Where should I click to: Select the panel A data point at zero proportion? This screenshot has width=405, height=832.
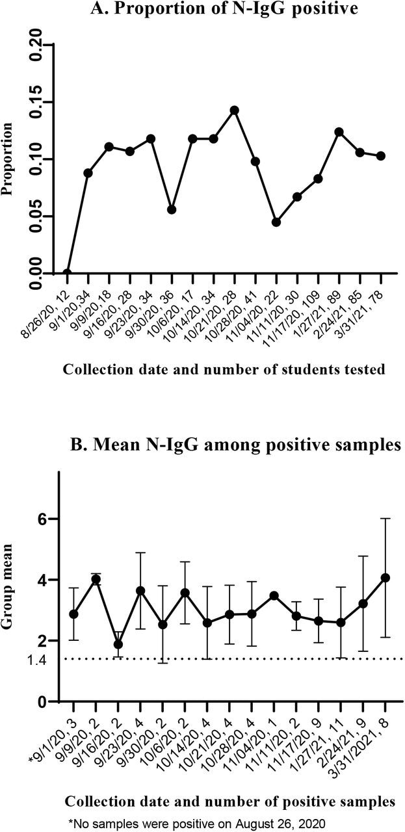[x=67, y=273]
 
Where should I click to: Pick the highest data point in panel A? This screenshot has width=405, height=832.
[x=234, y=110]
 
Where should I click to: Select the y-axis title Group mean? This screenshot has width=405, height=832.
[x=11, y=592]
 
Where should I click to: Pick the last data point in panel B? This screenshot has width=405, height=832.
[x=385, y=578]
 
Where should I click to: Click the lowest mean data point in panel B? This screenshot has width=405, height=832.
[x=118, y=644]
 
